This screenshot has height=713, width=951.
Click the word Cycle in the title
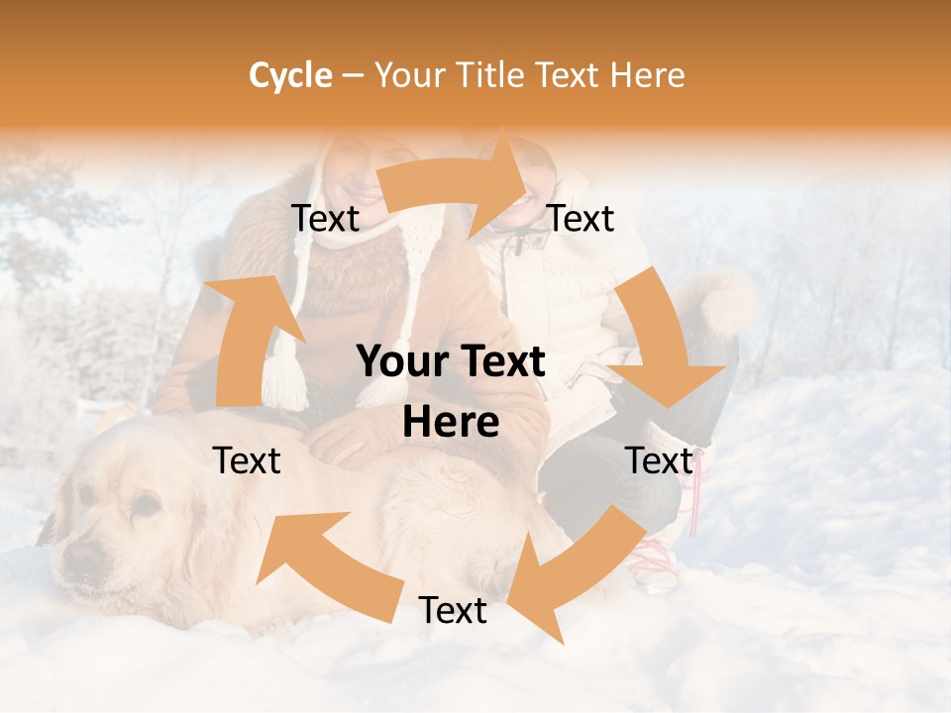[x=290, y=75]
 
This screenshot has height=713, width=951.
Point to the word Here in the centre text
[x=451, y=423]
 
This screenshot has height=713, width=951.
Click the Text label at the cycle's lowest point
[x=453, y=611]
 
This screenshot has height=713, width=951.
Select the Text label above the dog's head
[x=248, y=460]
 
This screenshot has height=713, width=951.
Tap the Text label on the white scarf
[x=326, y=219]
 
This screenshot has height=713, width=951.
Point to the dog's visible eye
[x=146, y=505]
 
